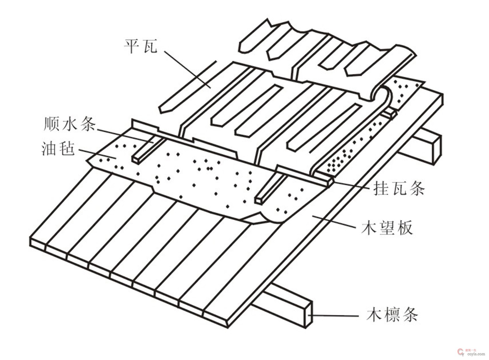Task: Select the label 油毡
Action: pos(58,149)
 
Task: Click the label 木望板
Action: pos(387,228)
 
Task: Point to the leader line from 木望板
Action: pos(333,222)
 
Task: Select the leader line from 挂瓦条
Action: pos(351,185)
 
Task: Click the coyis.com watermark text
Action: pos(476,354)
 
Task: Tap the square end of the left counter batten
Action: pos(135,160)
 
